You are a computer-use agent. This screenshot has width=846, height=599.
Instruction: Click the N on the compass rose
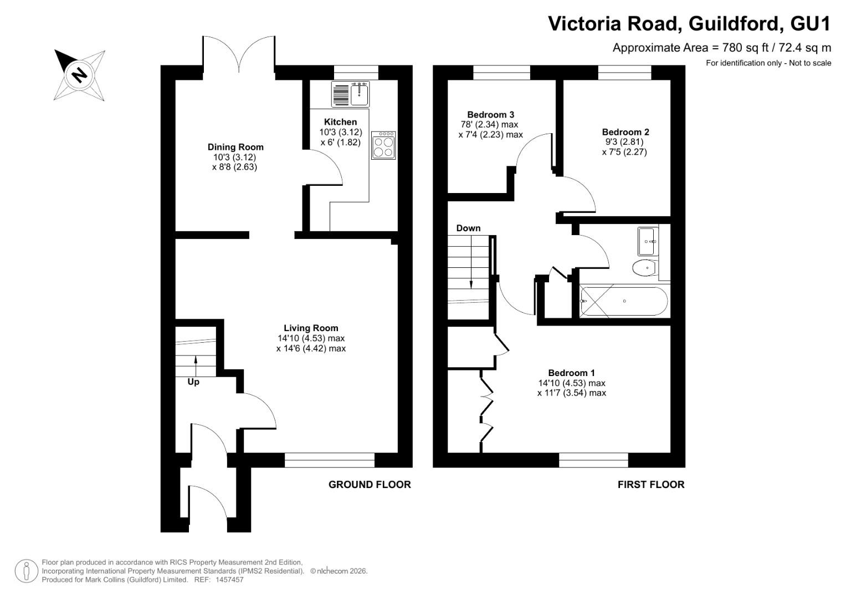[x=79, y=74]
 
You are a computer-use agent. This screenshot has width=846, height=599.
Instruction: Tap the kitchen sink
[x=351, y=94]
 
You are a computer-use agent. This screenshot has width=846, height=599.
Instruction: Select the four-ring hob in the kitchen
[x=383, y=145]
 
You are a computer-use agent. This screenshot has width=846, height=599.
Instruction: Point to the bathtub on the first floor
[x=624, y=301]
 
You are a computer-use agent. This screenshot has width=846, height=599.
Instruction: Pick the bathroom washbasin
[x=648, y=241]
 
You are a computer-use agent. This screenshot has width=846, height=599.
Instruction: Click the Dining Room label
[x=235, y=147]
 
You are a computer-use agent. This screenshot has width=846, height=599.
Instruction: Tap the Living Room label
[x=311, y=328]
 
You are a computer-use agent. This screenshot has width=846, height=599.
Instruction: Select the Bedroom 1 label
[x=571, y=373]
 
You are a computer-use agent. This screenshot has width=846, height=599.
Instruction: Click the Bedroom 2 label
[x=625, y=132]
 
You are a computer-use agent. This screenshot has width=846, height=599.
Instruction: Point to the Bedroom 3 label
[x=491, y=114]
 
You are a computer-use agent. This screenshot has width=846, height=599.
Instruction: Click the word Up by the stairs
[x=193, y=382]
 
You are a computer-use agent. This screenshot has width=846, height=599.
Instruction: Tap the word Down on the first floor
[x=468, y=228]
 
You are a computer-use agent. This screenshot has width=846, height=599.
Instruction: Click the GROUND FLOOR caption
[x=370, y=484]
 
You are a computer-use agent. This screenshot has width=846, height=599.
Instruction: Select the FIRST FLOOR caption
[x=651, y=484]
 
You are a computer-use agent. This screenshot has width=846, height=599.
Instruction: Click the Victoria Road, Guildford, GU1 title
[x=689, y=24]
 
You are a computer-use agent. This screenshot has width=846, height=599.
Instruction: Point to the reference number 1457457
[x=229, y=580]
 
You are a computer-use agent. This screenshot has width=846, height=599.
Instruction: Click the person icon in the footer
[x=27, y=571]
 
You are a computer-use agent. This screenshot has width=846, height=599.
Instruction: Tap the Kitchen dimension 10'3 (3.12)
[x=341, y=132]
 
